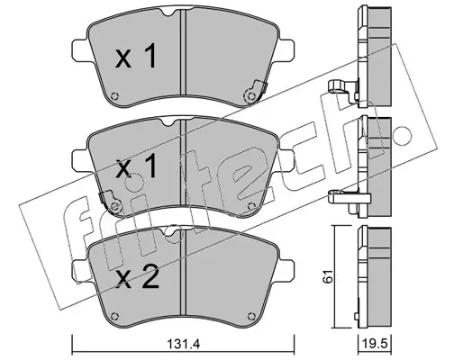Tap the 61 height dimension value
pos(330,276)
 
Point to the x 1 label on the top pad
pos(136,56)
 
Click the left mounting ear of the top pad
pos(80,51)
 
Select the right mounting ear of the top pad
pos(286,51)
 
